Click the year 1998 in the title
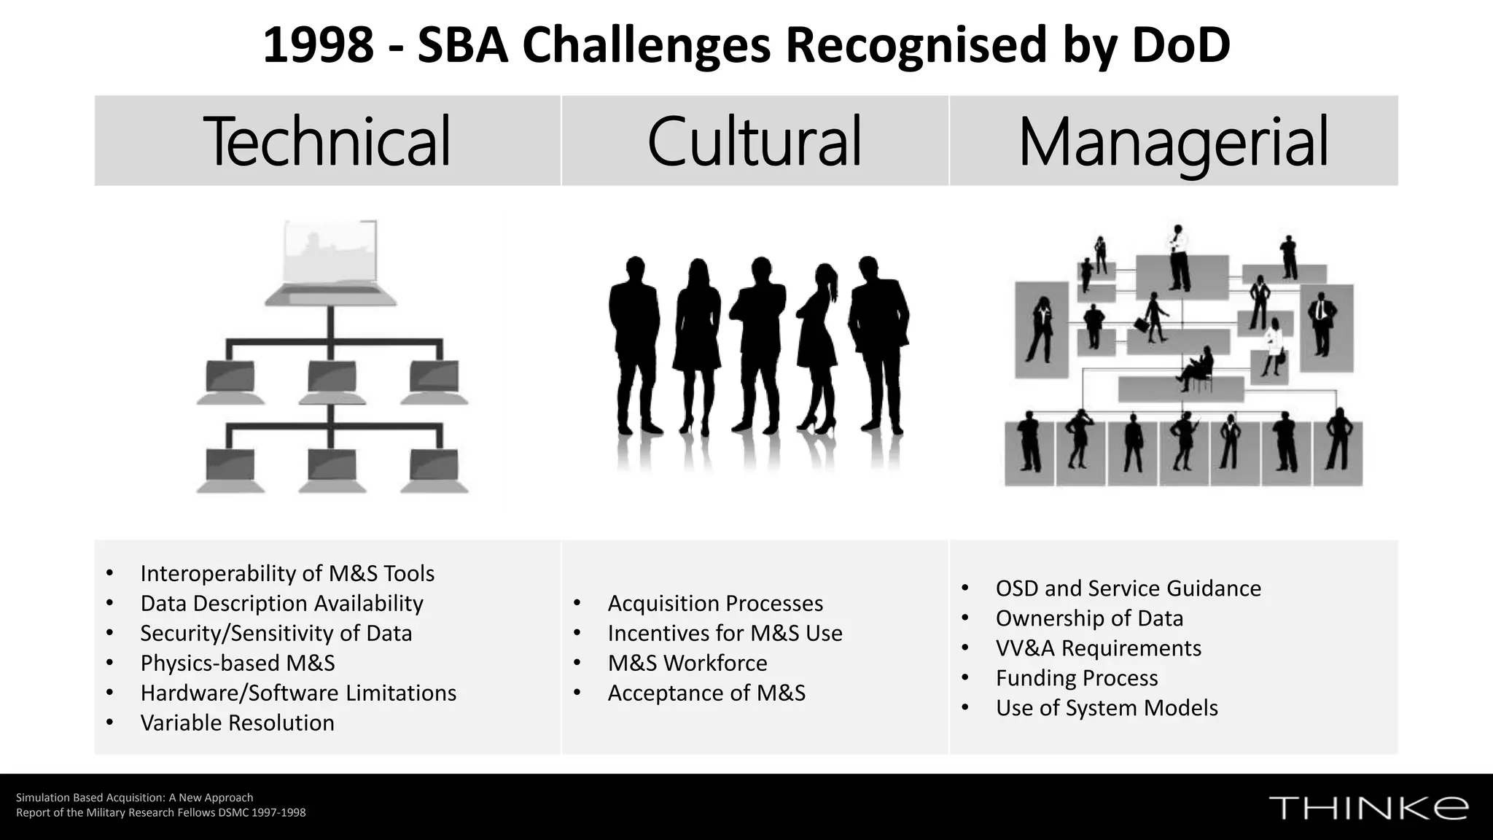(318, 45)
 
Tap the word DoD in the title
(1181, 45)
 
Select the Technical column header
(327, 141)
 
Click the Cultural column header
(755, 141)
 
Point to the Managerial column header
(1173, 141)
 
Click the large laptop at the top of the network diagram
(331, 262)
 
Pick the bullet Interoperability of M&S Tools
(287, 573)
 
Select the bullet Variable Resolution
(237, 723)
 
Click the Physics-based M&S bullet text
(238, 663)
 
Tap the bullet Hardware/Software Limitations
(298, 693)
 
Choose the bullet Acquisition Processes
(715, 603)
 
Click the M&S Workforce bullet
(687, 663)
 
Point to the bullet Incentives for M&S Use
(725, 633)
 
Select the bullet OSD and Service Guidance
(1128, 588)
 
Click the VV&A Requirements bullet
(1098, 647)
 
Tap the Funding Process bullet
(1077, 677)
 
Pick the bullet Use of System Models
(1107, 707)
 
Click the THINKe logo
(1368, 808)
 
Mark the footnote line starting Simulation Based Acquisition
(135, 798)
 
